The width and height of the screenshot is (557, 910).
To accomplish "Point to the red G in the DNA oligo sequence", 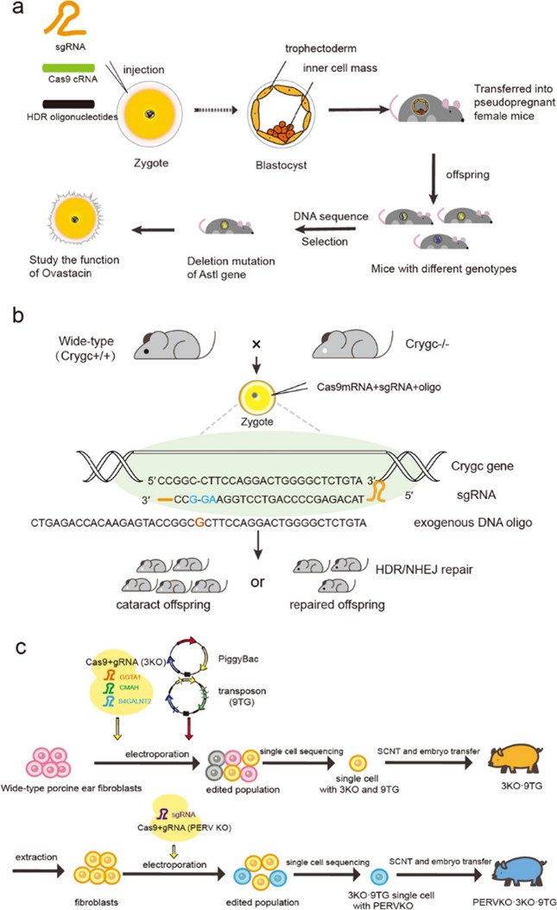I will (x=200, y=522).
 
